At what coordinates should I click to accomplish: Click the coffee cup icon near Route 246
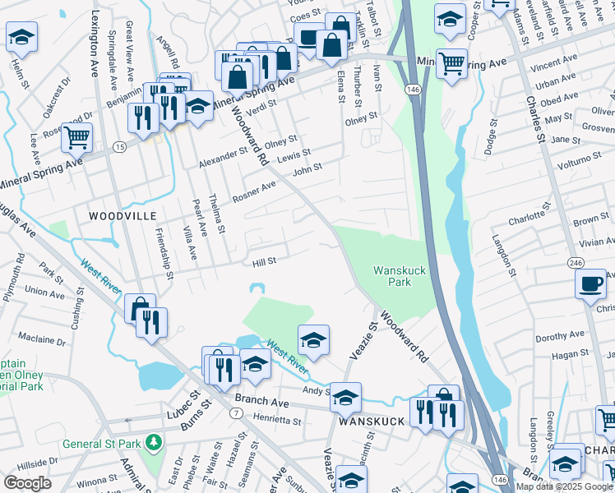[x=591, y=284]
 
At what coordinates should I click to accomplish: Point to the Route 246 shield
[x=575, y=260]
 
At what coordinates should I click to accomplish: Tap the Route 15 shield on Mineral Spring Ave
[x=120, y=146]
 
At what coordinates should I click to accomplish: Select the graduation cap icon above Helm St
[x=21, y=36]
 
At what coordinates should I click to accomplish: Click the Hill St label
[x=263, y=261]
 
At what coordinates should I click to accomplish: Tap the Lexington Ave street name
[x=98, y=39]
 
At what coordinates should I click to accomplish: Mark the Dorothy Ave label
[x=559, y=334]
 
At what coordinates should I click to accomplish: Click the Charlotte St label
[x=527, y=220]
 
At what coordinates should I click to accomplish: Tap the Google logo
[x=27, y=483]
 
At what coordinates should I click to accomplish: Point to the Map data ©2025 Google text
[x=563, y=486]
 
